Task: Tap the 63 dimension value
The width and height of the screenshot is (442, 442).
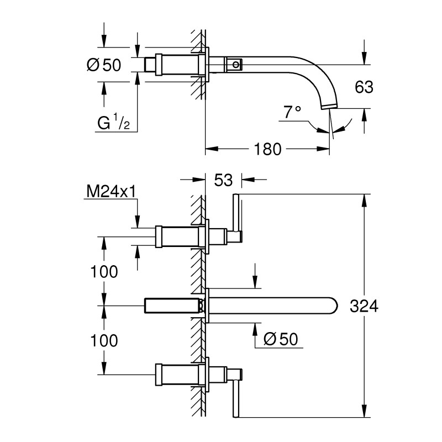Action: [x=364, y=87]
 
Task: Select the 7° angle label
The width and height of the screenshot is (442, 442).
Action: [x=292, y=112]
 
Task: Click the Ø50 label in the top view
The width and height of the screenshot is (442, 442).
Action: [x=104, y=65]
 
